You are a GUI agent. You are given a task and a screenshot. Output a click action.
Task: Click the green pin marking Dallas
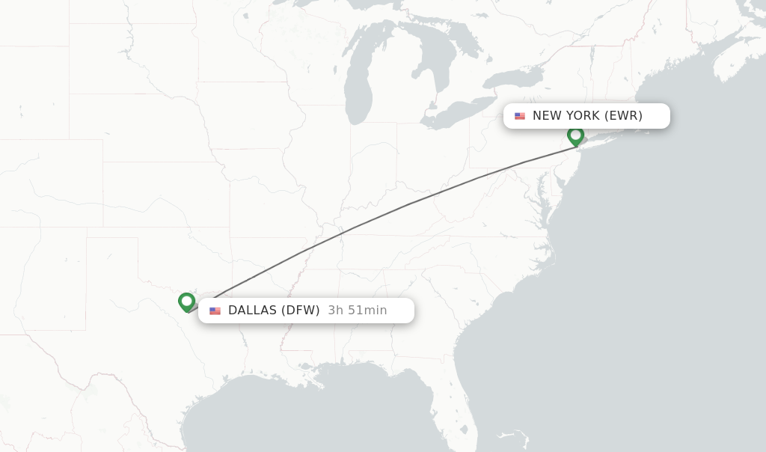[187, 302]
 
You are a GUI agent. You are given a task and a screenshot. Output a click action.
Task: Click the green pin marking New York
[575, 135]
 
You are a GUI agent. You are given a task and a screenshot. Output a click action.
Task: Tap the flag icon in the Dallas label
[215, 311]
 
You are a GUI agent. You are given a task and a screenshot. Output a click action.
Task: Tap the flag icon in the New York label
[520, 116]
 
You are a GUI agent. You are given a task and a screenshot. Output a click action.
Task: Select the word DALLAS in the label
[252, 310]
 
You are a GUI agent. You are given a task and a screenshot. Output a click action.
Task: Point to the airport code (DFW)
[300, 310]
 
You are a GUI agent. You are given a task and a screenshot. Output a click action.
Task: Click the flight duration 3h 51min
[358, 310]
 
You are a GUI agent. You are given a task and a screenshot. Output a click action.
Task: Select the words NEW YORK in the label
[566, 115]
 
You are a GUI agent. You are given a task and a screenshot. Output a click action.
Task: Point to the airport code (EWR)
[624, 115]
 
